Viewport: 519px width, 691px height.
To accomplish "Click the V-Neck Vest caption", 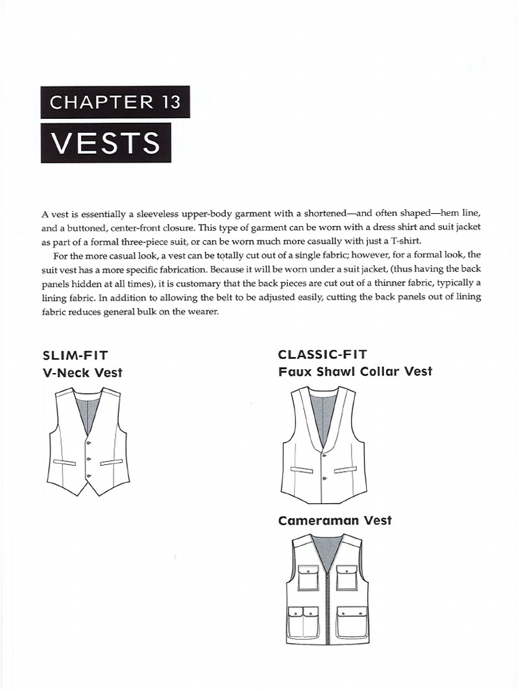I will (82, 372).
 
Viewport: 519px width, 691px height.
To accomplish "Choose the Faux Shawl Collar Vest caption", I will (355, 371).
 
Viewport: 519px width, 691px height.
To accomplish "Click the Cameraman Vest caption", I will (335, 520).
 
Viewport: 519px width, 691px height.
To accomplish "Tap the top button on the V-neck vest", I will (88, 442).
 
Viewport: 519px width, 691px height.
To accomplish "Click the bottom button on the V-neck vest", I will (88, 476).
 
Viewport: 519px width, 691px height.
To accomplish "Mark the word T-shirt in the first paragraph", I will (403, 241).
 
